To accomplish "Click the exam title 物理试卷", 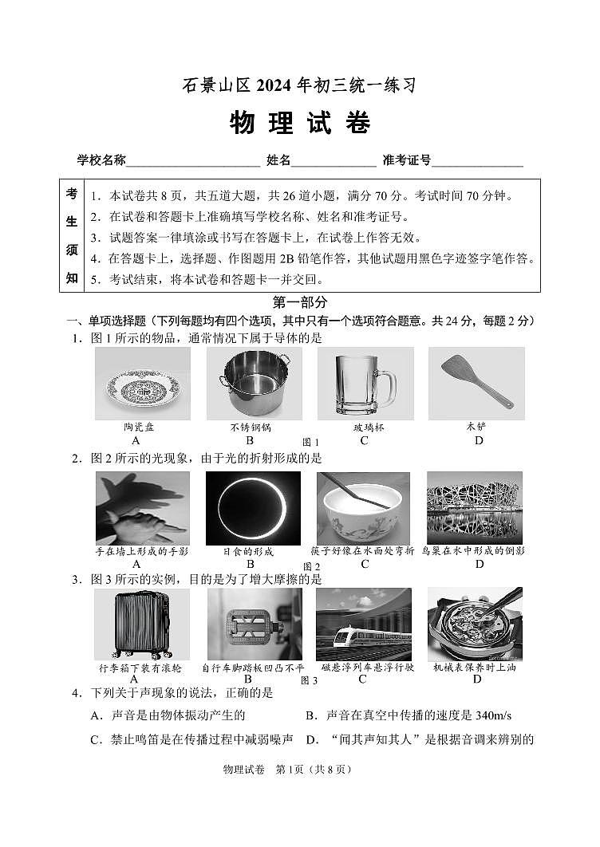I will click(299, 124).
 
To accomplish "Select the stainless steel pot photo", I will click(253, 384).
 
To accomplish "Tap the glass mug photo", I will click(365, 384).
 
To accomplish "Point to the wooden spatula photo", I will click(476, 384).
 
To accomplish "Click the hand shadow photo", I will click(143, 508).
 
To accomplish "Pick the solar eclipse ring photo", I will click(253, 508).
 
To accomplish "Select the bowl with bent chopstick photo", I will click(364, 508).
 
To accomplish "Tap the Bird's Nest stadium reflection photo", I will click(475, 508).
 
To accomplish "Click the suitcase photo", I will click(142, 624).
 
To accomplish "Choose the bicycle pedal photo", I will click(255, 624).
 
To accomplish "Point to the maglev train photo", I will click(364, 624).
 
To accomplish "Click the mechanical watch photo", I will click(475, 624).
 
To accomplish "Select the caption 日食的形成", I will click(248, 551).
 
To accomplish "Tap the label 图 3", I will click(309, 680).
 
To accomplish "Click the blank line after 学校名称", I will click(193, 161).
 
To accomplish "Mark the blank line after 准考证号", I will click(477, 161).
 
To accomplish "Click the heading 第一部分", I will click(300, 302).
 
